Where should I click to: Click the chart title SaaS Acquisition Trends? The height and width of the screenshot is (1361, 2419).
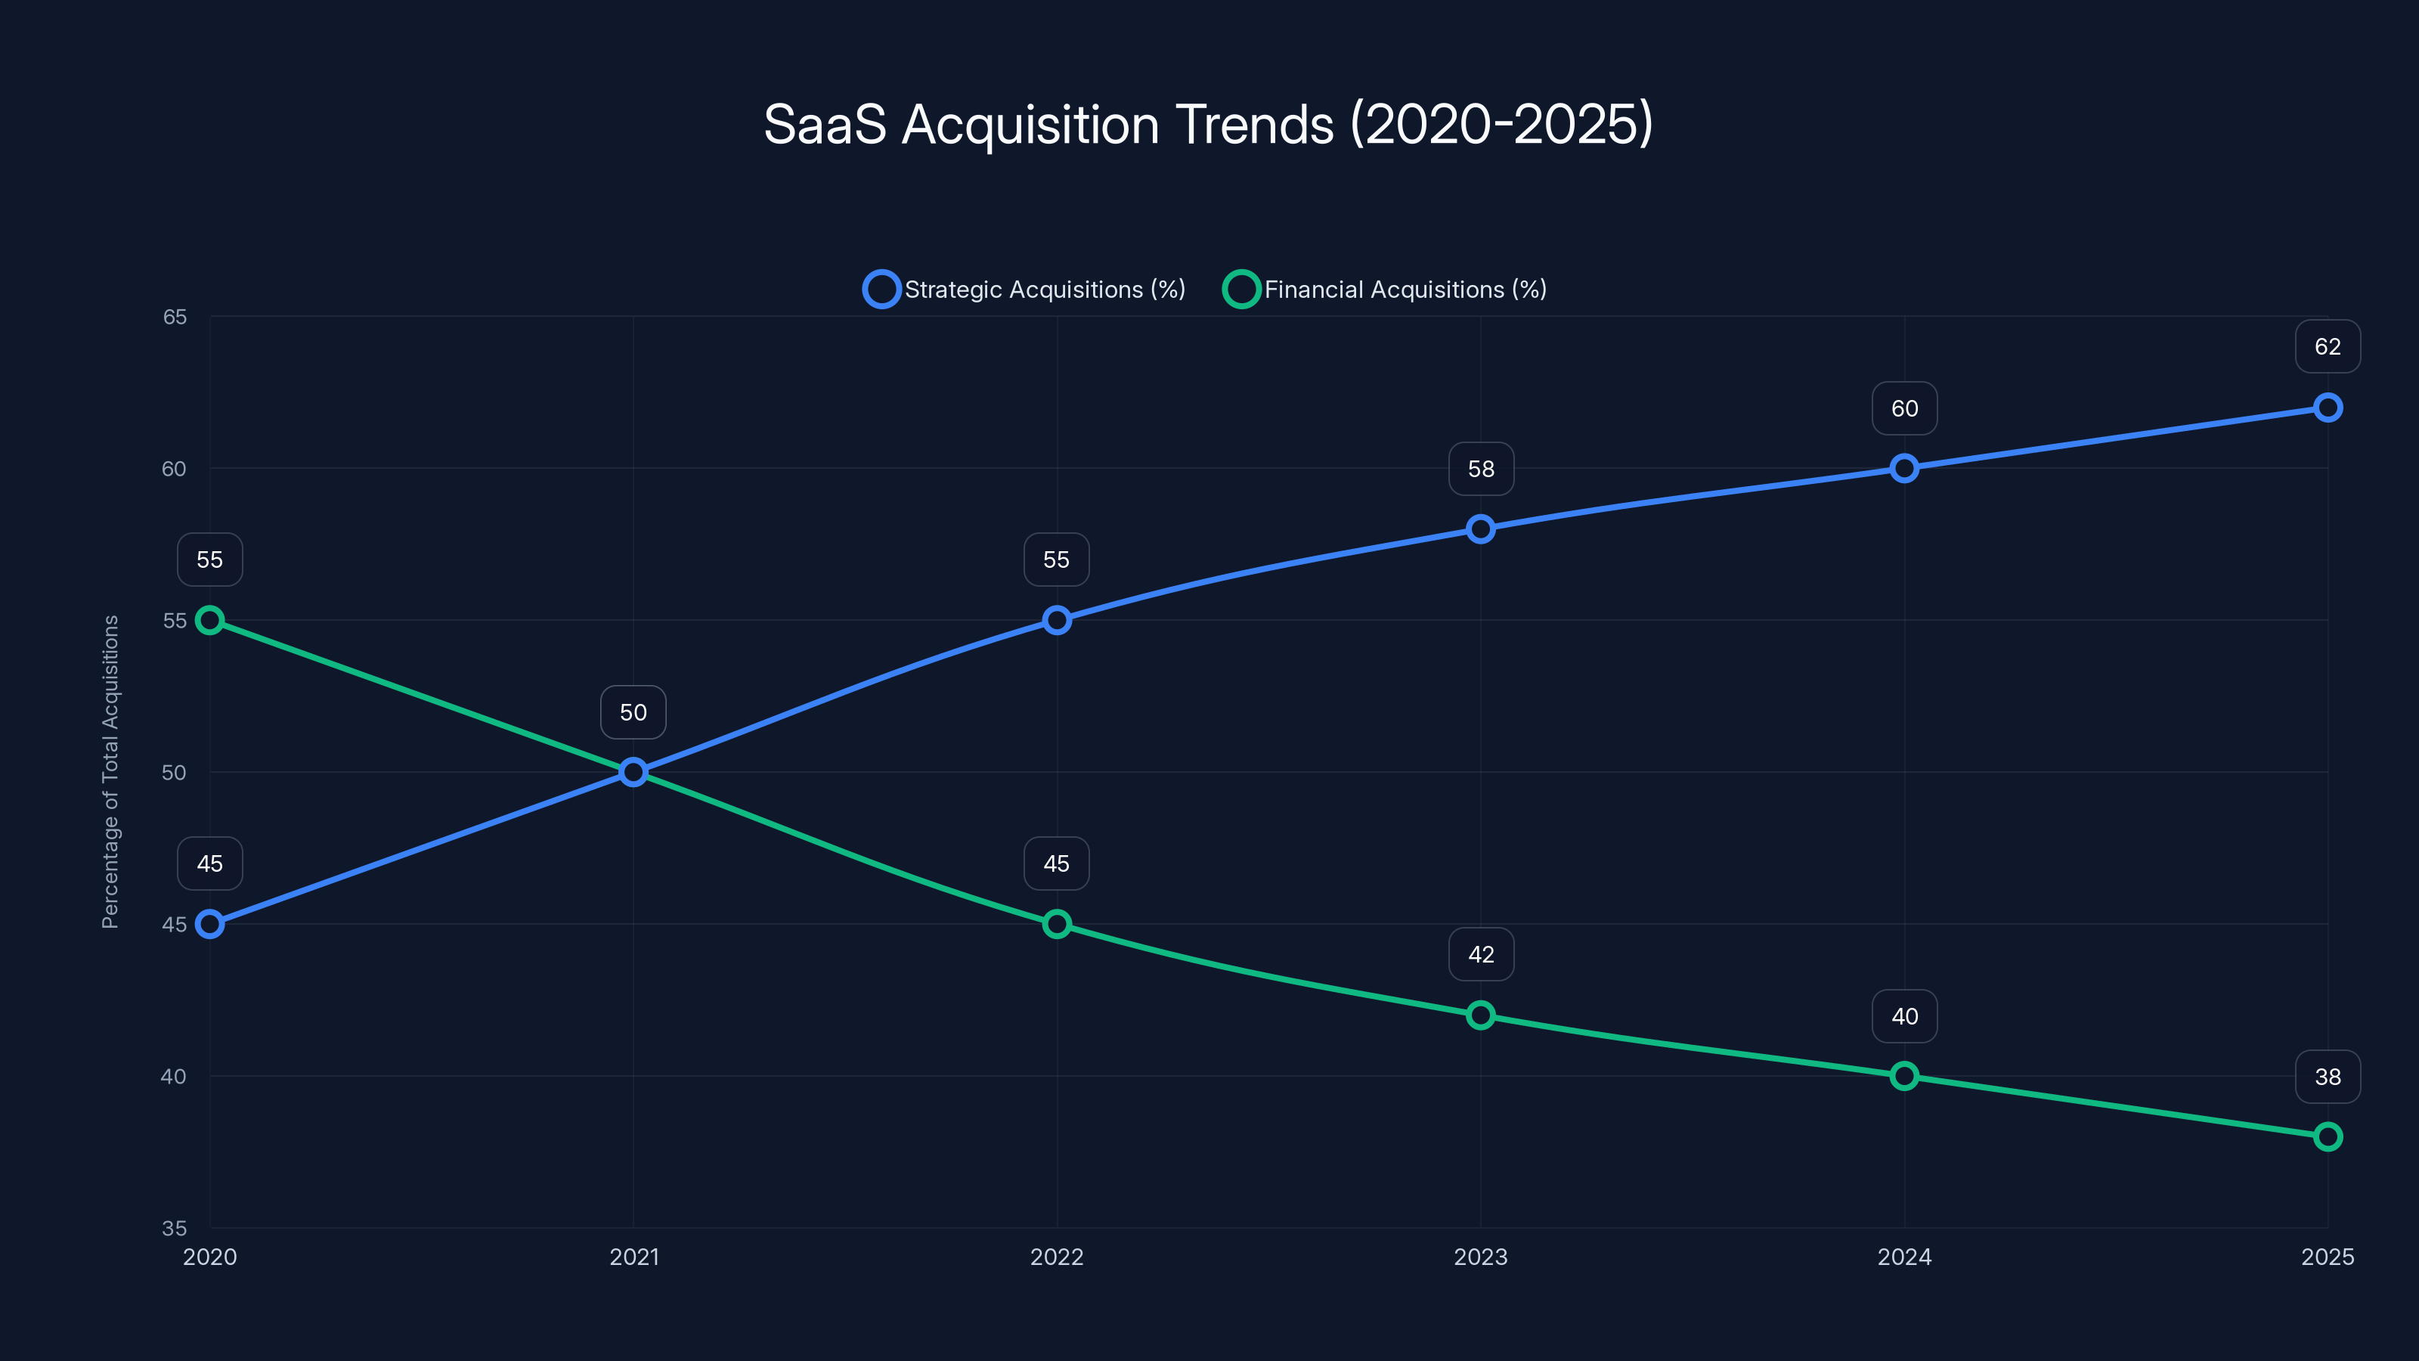1208,125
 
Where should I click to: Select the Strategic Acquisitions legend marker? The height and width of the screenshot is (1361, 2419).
881,290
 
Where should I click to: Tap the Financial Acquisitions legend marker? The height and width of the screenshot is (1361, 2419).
1240,290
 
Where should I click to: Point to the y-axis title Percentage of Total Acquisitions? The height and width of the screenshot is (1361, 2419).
111,771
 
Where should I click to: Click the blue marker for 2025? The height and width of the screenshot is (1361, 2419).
2327,408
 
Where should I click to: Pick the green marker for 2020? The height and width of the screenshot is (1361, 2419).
209,620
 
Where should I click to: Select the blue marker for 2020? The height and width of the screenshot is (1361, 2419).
209,924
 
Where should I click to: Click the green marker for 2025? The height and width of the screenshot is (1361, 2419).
2327,1136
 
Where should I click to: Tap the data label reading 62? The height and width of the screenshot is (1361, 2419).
2327,346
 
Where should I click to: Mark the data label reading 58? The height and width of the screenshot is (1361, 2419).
1481,469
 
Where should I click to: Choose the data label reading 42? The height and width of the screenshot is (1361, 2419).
1481,954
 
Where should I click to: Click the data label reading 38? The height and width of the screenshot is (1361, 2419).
2327,1077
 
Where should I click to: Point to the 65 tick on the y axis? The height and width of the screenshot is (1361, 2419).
175,317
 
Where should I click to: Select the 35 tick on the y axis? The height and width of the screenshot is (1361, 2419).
175,1228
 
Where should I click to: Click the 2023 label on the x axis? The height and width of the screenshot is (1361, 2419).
1481,1257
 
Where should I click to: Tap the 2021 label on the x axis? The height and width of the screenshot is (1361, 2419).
634,1257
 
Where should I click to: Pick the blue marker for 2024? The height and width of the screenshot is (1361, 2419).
1903,468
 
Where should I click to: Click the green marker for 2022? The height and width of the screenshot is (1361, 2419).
1057,924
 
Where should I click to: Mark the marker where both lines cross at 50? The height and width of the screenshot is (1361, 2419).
634,772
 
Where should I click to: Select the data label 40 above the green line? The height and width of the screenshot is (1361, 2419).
1903,1016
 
